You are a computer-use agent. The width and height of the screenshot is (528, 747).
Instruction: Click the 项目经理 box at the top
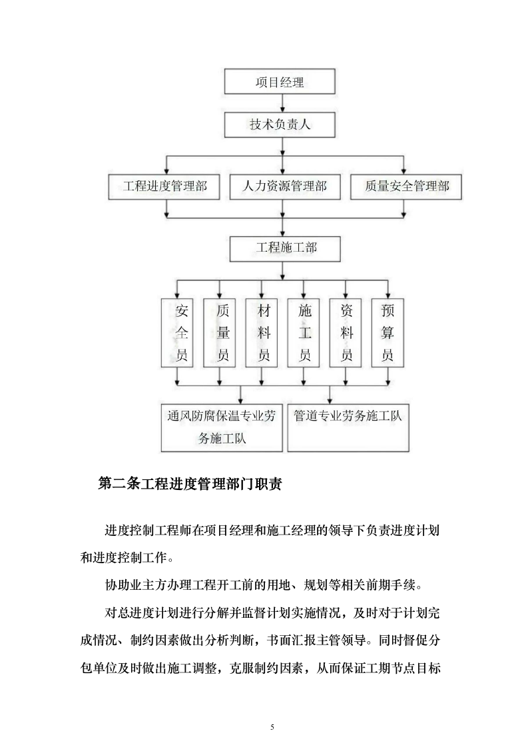280,83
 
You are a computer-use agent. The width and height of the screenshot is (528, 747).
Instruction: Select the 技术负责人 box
280,124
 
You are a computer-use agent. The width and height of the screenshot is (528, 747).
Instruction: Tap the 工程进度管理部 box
165,186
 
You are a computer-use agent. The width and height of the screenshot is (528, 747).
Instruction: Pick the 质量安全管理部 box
406,186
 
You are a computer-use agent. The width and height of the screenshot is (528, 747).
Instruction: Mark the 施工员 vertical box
305,333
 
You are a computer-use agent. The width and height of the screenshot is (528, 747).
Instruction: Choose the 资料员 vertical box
346,333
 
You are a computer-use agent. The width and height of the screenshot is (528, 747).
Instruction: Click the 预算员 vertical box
388,333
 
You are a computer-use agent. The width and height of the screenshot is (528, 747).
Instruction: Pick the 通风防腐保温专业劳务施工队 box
223,427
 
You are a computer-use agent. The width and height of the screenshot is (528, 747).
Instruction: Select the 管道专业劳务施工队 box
348,427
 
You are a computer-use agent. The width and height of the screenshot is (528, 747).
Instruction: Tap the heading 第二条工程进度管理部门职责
190,484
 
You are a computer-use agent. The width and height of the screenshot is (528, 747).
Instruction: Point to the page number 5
272,726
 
